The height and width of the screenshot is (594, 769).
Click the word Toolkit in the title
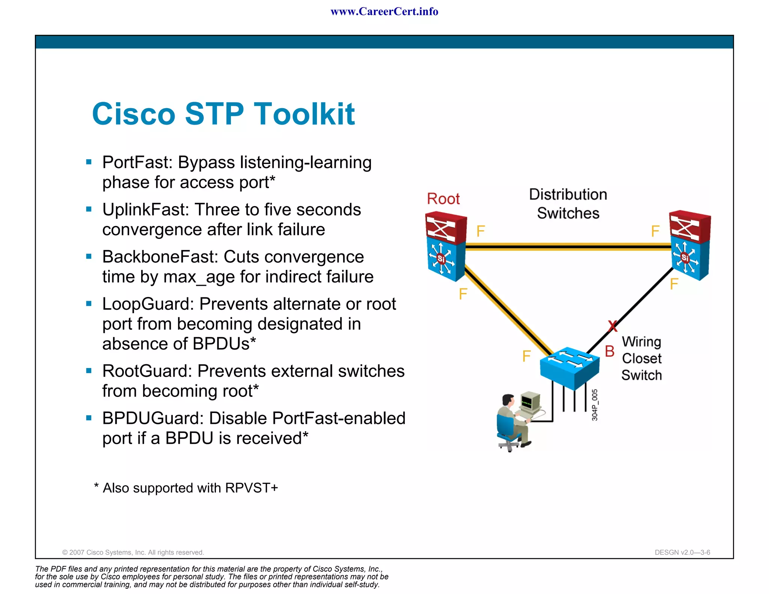coord(304,114)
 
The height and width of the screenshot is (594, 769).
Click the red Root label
coord(443,199)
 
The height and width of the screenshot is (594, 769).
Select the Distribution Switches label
coord(568,204)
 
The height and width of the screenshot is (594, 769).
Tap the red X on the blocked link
coord(612,326)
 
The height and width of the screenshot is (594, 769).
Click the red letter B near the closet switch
coord(609,351)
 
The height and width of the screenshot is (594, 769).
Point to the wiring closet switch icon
coord(569,368)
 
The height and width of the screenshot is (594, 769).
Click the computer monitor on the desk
coord(530,403)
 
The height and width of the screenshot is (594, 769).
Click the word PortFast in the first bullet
coord(137,163)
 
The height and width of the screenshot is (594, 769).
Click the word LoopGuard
coord(148,304)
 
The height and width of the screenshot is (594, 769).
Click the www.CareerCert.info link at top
coord(384,12)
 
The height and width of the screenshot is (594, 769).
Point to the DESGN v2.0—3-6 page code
coord(682,552)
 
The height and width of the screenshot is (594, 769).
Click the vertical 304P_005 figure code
coord(595,405)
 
